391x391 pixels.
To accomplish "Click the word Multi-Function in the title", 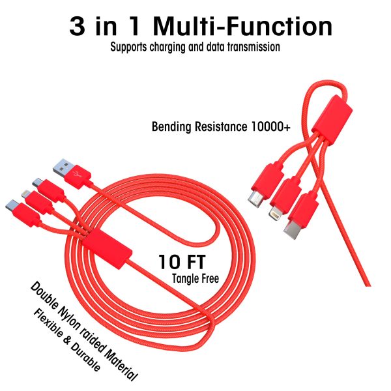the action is pos(242,26).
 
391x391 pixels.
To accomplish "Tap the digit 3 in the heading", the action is pos(78,26).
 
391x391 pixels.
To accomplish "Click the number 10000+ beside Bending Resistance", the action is pos(270,126).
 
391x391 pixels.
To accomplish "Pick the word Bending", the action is pos(171,127).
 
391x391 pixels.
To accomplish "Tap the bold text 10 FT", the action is pos(182,261).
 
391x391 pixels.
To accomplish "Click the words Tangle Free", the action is pos(195,278).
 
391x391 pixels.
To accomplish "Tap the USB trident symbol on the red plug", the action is pos(76,173).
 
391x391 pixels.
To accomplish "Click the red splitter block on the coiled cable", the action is pos(108,250).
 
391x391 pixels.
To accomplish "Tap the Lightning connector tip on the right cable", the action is pos(275,212).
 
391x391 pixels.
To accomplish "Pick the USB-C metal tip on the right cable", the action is pos(291,230).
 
